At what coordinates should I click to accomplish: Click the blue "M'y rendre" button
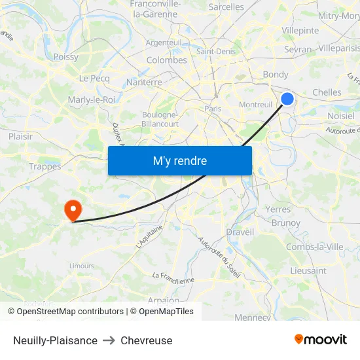(x=180, y=160)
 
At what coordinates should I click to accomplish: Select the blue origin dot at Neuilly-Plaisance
(x=287, y=99)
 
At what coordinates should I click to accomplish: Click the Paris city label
(x=213, y=109)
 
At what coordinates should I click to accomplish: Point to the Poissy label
(x=65, y=57)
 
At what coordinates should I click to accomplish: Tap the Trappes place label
(x=45, y=166)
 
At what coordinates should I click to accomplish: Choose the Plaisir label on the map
(x=20, y=136)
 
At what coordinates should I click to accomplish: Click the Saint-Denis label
(x=216, y=51)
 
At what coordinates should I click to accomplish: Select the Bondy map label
(x=276, y=75)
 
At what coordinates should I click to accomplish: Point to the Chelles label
(x=327, y=93)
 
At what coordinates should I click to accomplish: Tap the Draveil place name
(x=240, y=232)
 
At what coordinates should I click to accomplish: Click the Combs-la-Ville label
(x=314, y=247)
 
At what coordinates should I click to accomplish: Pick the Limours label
(x=82, y=266)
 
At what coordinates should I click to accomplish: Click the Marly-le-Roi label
(x=91, y=99)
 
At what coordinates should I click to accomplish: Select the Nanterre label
(x=143, y=82)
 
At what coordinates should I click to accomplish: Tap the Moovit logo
(x=320, y=339)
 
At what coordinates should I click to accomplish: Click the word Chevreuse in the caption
(x=147, y=340)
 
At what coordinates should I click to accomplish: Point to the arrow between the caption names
(x=109, y=340)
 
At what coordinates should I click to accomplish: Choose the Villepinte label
(x=300, y=30)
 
